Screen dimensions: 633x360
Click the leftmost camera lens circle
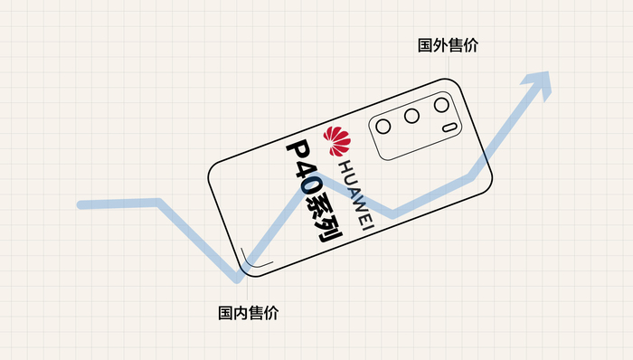point(385,126)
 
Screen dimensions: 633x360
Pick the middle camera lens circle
point(412,116)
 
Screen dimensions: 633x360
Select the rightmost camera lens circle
point(441,105)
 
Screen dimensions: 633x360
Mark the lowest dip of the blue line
point(240,275)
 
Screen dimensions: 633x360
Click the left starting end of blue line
point(81,204)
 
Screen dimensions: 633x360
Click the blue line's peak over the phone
point(318,174)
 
